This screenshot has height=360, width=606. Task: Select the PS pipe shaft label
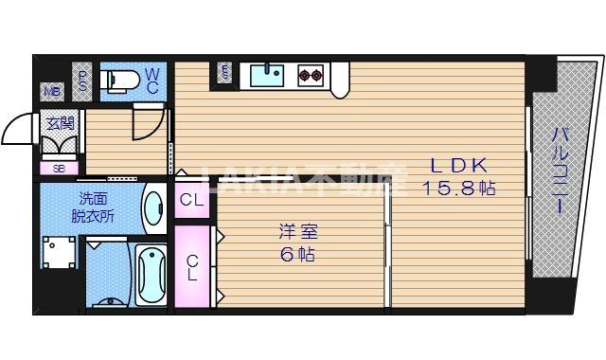(83, 80)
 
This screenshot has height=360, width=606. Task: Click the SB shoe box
(59, 168)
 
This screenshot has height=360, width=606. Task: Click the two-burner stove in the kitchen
(309, 74)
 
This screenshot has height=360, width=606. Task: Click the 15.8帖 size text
(458, 188)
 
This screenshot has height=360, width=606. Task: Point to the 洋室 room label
(296, 231)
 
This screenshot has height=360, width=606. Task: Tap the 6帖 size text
(296, 254)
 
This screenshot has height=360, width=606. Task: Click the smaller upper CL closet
(191, 200)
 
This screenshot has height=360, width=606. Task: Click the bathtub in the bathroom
(151, 274)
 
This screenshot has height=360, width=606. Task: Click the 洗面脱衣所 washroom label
(93, 207)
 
